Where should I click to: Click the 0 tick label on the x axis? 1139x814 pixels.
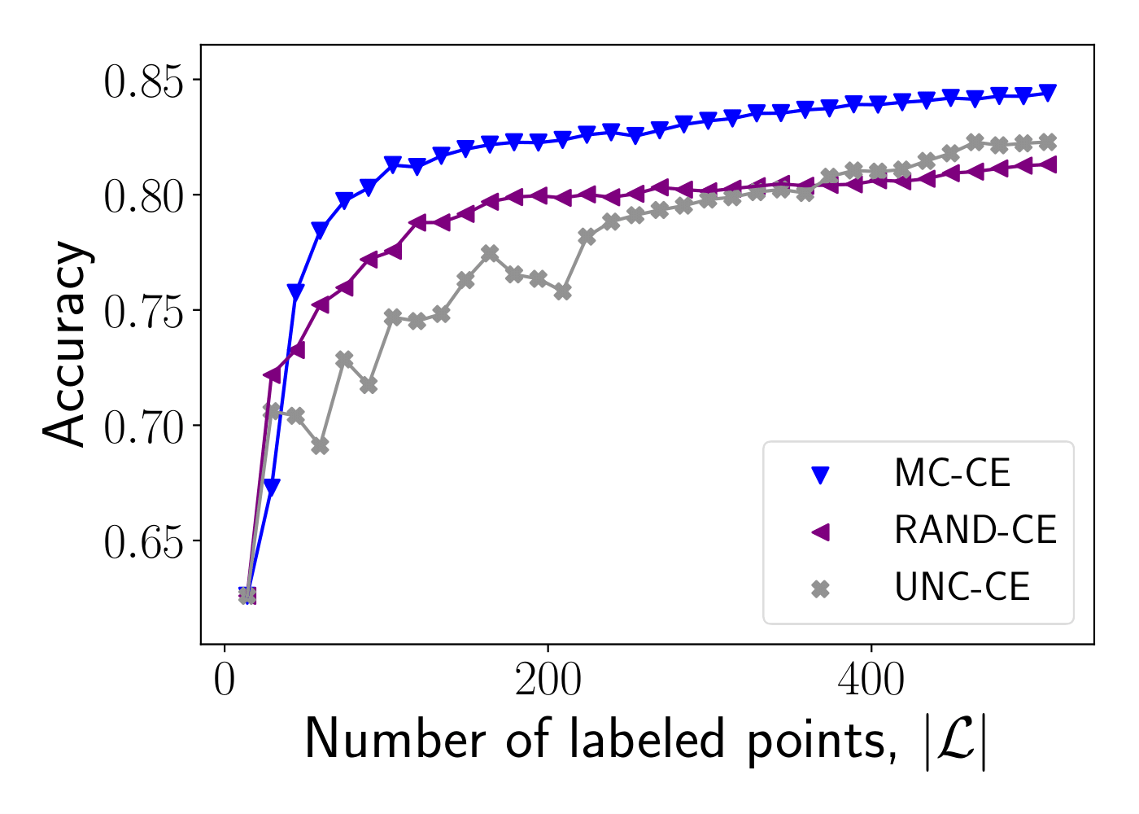tap(225, 681)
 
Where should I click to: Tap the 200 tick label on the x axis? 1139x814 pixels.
tap(548, 681)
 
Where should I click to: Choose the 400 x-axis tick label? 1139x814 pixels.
tap(871, 681)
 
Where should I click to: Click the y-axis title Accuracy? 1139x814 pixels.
tap(65, 344)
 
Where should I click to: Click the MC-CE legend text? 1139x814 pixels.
tap(952, 473)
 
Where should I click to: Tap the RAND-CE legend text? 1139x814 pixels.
tap(975, 531)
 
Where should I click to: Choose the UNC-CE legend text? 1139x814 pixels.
tap(962, 588)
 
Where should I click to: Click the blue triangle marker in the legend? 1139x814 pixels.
tap(820, 475)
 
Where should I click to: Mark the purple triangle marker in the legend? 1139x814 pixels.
tap(820, 532)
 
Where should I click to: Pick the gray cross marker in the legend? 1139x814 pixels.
tap(820, 589)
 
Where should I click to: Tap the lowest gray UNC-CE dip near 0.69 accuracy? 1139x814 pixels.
tap(321, 446)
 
